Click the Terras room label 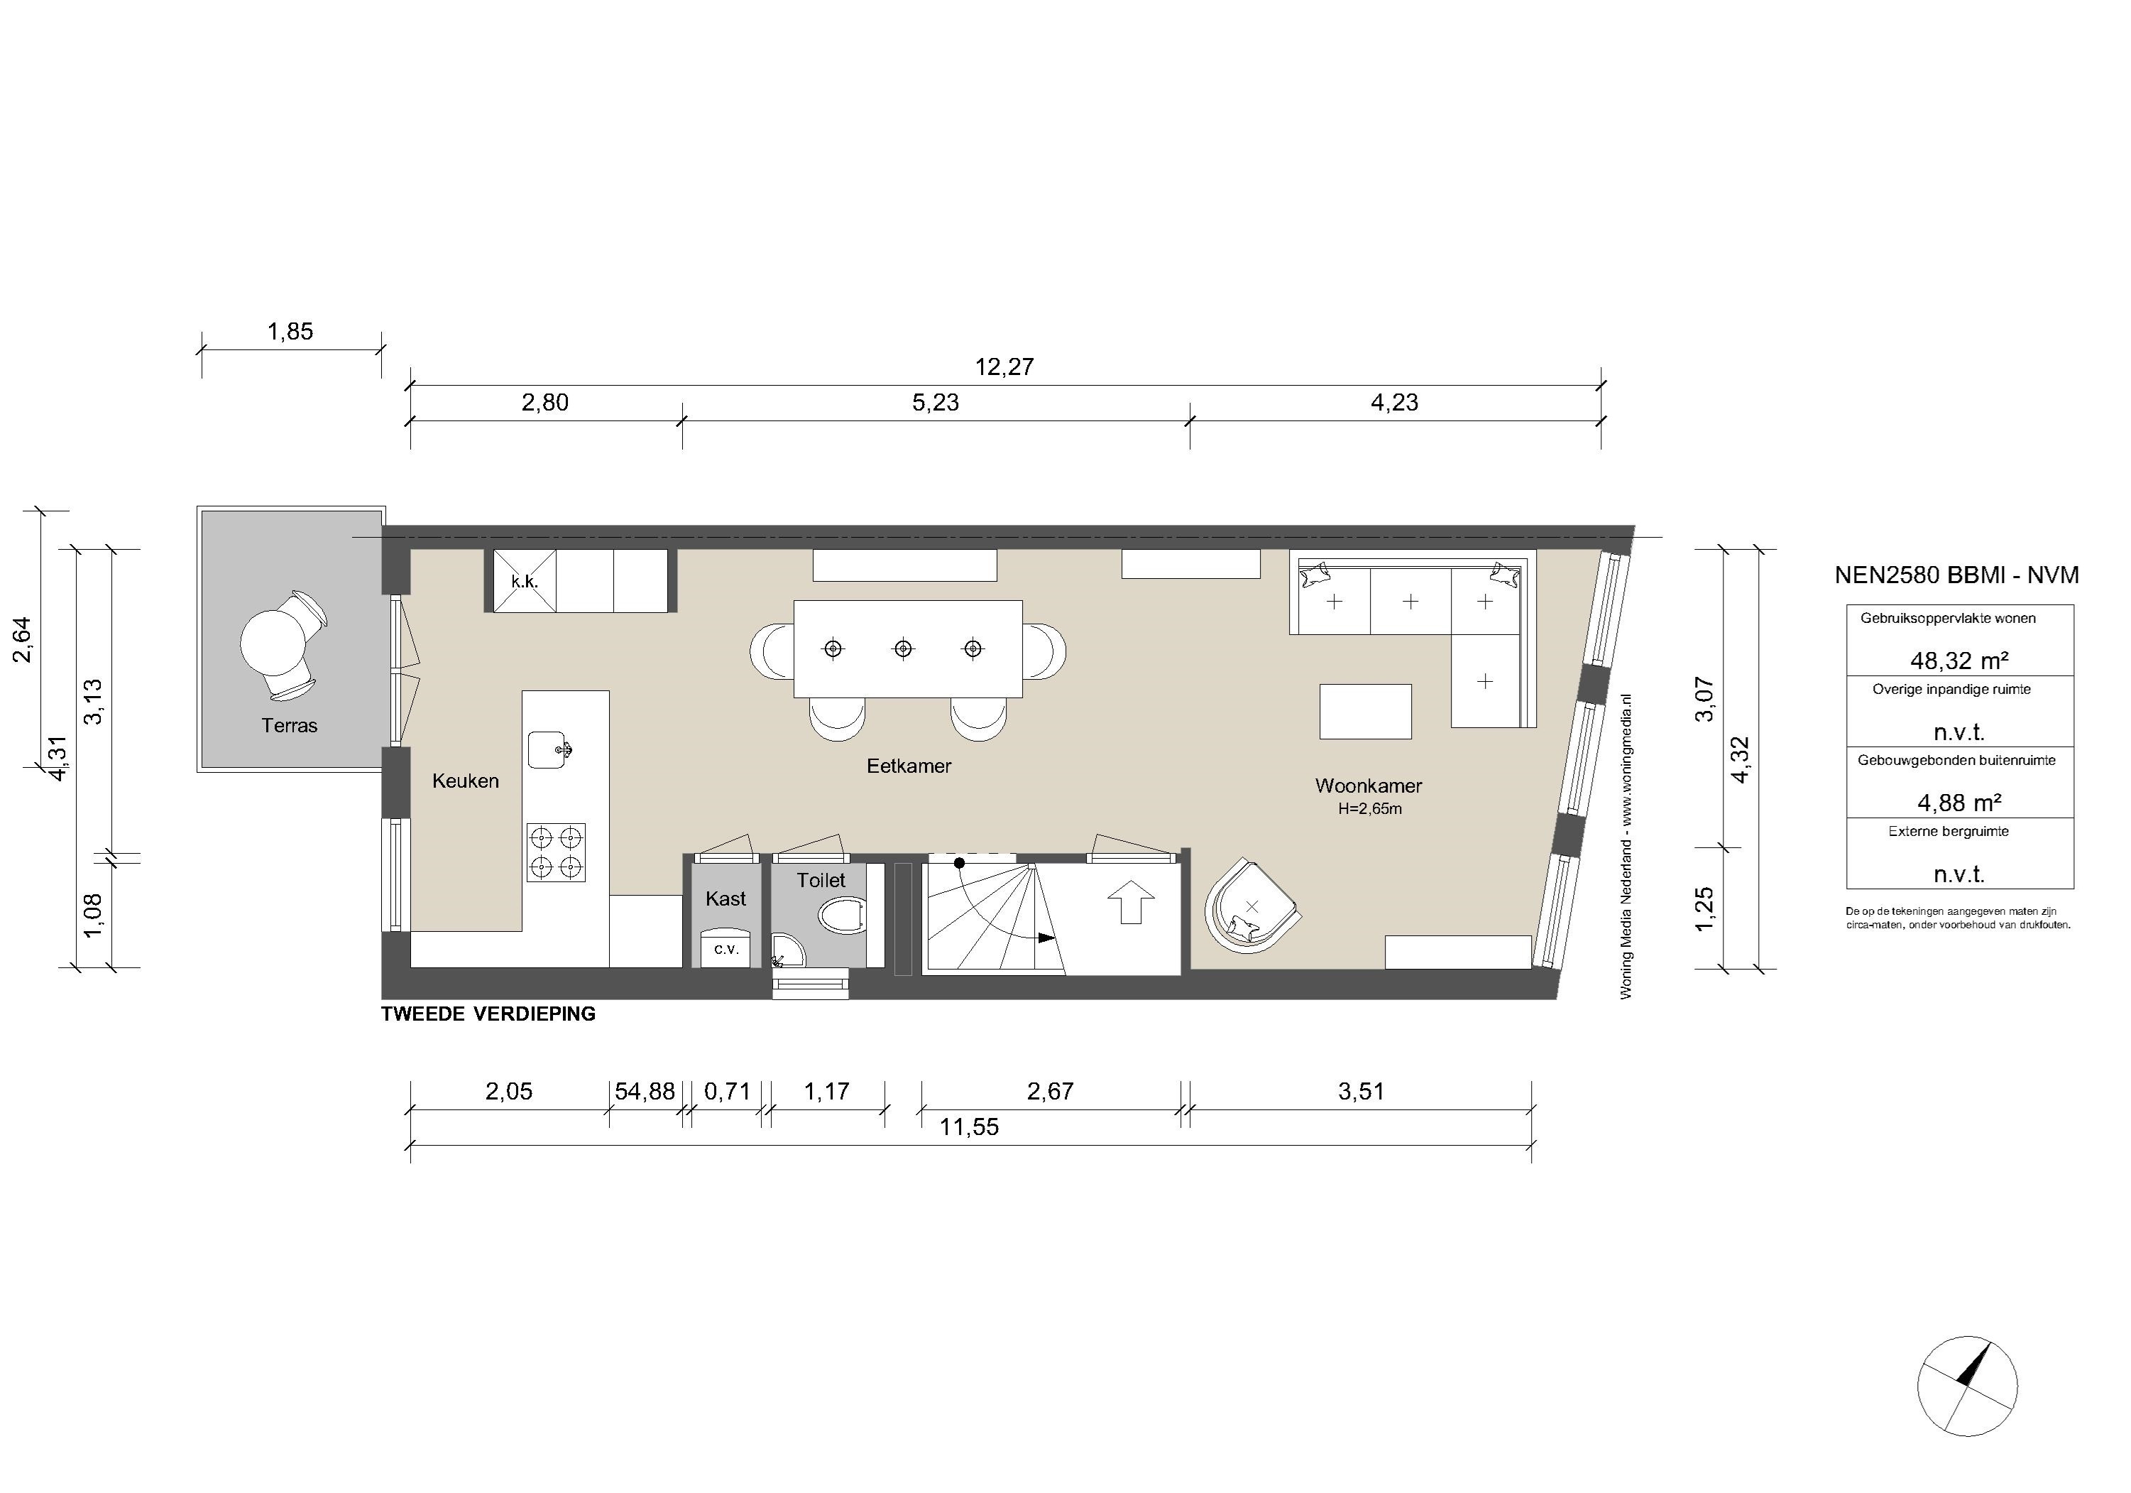pyautogui.click(x=290, y=725)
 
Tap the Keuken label pyautogui.click(x=465, y=781)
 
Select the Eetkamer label pyautogui.click(x=909, y=766)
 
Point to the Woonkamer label pyautogui.click(x=1368, y=786)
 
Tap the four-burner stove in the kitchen pyautogui.click(x=556, y=852)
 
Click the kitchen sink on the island pyautogui.click(x=549, y=749)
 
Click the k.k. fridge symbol pyautogui.click(x=525, y=581)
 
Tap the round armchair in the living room pyautogui.click(x=1250, y=906)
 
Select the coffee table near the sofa pyautogui.click(x=1365, y=712)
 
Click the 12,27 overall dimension pyautogui.click(x=1004, y=367)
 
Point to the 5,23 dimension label pyautogui.click(x=936, y=402)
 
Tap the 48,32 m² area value pyautogui.click(x=1959, y=660)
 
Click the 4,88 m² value pyautogui.click(x=1959, y=801)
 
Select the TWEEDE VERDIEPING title pyautogui.click(x=488, y=1014)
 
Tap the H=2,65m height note pyautogui.click(x=1369, y=809)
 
